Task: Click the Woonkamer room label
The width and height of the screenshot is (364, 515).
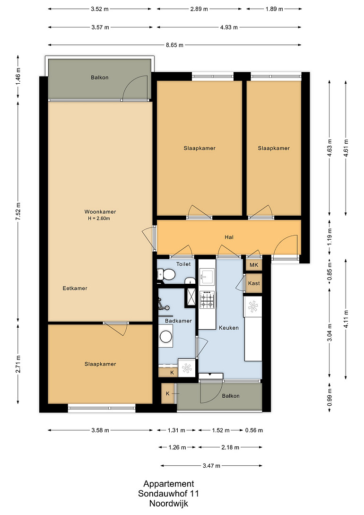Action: click(100, 212)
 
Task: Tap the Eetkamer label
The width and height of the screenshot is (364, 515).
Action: click(75, 288)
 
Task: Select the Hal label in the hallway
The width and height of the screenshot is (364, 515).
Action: click(229, 237)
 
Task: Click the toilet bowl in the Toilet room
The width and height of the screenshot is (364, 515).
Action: click(169, 274)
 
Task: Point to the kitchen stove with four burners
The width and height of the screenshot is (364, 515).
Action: click(207, 299)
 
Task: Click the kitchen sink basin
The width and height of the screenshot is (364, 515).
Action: click(207, 276)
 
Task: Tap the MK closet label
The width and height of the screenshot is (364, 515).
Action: click(254, 265)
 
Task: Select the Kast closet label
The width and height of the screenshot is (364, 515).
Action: click(254, 283)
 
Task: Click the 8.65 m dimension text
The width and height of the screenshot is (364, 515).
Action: click(174, 45)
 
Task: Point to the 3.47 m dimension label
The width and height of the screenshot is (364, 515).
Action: click(211, 465)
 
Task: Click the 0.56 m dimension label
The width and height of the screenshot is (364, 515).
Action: click(254, 430)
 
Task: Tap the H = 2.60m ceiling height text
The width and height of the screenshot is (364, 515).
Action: click(99, 218)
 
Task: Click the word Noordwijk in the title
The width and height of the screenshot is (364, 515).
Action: click(169, 504)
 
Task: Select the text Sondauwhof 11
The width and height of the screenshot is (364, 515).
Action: click(168, 494)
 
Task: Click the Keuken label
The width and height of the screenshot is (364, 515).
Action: click(229, 328)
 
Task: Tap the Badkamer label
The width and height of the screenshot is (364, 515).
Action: click(178, 321)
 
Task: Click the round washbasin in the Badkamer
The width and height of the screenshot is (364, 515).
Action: click(166, 337)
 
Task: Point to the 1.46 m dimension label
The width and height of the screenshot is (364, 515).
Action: click(18, 77)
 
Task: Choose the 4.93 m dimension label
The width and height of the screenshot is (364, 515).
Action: click(229, 27)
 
